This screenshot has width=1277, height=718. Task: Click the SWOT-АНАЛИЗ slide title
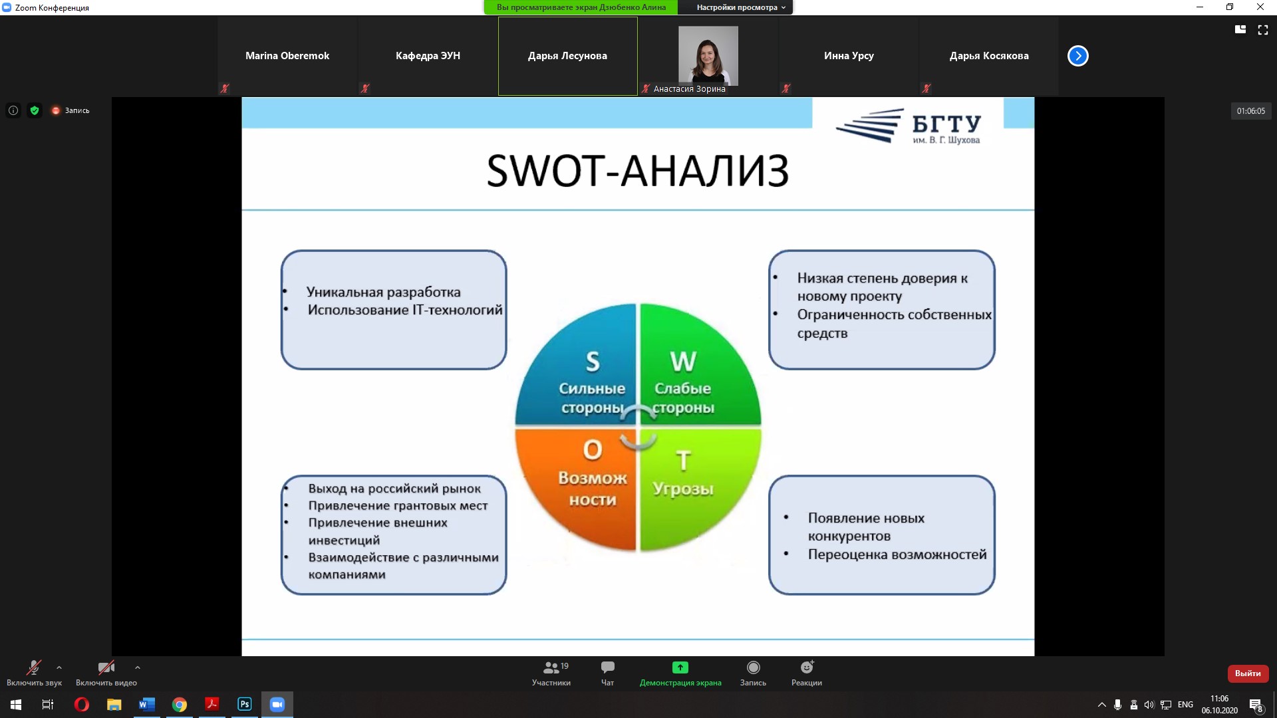click(x=638, y=170)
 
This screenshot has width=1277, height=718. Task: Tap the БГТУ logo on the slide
click(x=908, y=126)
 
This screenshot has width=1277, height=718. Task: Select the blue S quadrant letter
click(x=593, y=362)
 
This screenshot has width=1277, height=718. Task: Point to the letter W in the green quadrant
click(x=683, y=362)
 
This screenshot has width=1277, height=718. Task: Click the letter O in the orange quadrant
click(x=593, y=450)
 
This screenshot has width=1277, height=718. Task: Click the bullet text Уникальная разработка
click(x=383, y=292)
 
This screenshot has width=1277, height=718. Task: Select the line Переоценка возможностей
click(x=897, y=554)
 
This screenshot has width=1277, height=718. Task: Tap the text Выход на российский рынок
click(x=394, y=489)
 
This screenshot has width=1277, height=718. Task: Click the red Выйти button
click(x=1248, y=673)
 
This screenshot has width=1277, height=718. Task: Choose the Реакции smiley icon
click(x=807, y=667)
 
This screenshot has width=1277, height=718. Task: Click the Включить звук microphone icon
click(x=33, y=667)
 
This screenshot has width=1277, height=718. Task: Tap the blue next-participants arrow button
click(x=1078, y=56)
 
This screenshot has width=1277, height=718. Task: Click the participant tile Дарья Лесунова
click(x=567, y=56)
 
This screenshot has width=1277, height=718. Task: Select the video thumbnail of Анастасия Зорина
click(x=708, y=55)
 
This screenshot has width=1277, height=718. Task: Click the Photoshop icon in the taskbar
click(x=245, y=704)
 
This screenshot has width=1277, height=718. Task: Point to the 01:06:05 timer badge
click(x=1251, y=111)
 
